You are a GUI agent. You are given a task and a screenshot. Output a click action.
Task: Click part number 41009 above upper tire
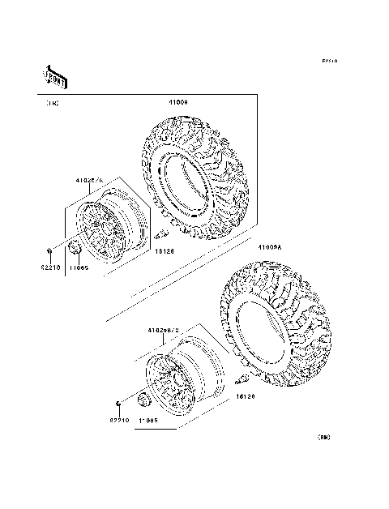click(178, 102)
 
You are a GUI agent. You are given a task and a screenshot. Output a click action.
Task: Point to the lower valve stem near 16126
click(242, 379)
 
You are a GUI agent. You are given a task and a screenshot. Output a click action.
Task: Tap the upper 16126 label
click(165, 252)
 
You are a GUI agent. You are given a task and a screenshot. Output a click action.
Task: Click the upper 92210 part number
click(51, 266)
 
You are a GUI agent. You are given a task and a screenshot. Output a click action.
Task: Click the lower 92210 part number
click(119, 421)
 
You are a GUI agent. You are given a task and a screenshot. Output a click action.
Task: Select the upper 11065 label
click(79, 266)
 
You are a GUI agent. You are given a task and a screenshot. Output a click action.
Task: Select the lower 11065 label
click(147, 421)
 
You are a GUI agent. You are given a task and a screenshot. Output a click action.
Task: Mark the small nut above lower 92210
click(118, 403)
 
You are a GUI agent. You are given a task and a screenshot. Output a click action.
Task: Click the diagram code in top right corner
click(328, 61)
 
